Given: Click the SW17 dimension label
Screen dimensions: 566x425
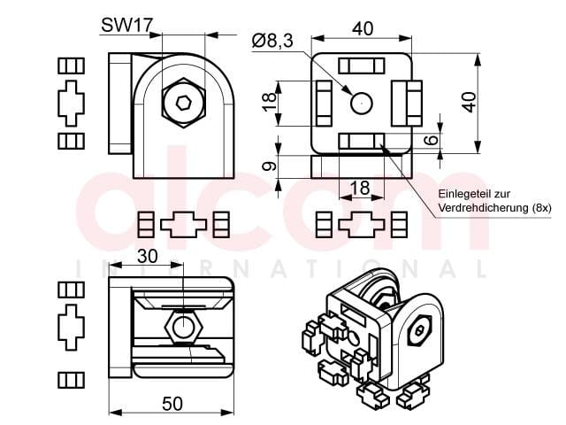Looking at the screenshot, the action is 127,26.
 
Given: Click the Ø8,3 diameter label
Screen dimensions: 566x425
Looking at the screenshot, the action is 273,41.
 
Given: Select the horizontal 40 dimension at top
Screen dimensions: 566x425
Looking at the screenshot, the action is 363,29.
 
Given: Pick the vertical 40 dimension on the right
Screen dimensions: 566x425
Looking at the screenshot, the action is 470,103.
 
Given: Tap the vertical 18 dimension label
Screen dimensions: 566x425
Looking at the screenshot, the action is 270,103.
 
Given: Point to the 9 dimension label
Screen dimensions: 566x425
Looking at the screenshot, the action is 270,166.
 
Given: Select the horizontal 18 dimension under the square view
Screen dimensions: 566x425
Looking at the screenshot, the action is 360,188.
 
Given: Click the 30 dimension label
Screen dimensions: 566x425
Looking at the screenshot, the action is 148,256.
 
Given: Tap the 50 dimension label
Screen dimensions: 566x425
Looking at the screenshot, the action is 172,404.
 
